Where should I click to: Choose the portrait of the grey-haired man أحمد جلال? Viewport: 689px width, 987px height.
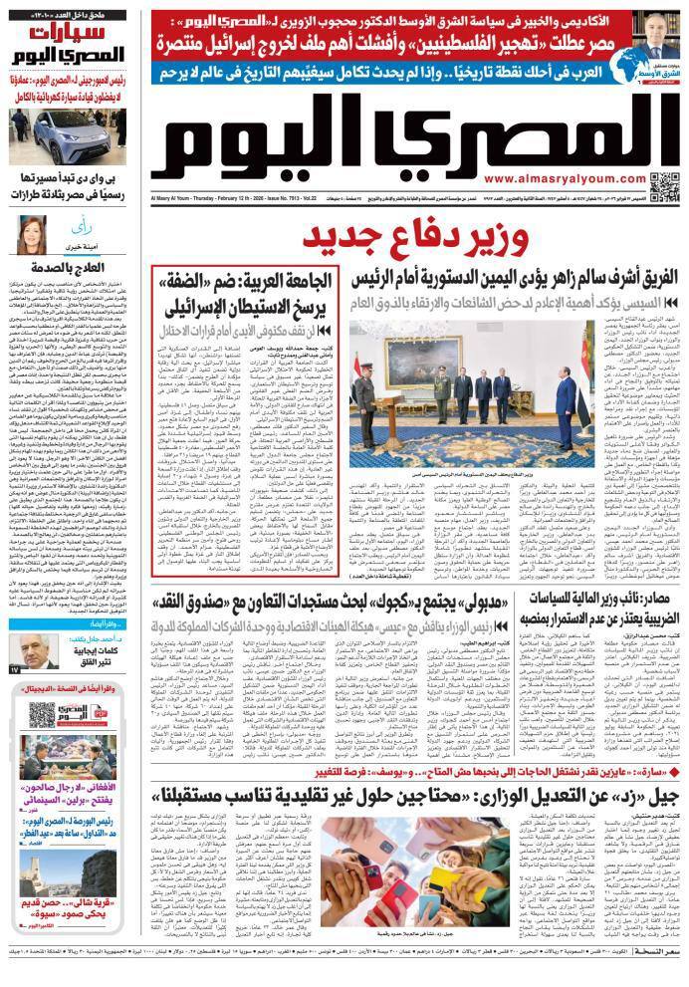[x=31, y=653]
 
